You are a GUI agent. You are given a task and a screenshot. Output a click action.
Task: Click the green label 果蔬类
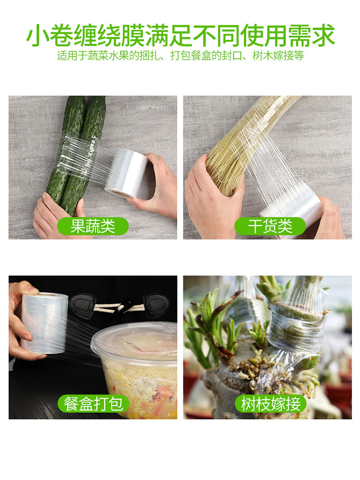point(93,226)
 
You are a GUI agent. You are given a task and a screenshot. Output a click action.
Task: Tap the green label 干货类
point(270,226)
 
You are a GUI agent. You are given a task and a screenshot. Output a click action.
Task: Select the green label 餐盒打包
point(93,404)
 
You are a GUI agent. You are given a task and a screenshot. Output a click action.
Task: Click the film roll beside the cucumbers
point(126,174)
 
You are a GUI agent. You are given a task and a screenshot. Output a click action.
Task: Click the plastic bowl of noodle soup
point(135,369)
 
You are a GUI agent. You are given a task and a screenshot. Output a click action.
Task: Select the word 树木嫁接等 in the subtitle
point(278,55)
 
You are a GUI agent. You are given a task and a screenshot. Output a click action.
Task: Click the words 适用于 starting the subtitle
point(72,55)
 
